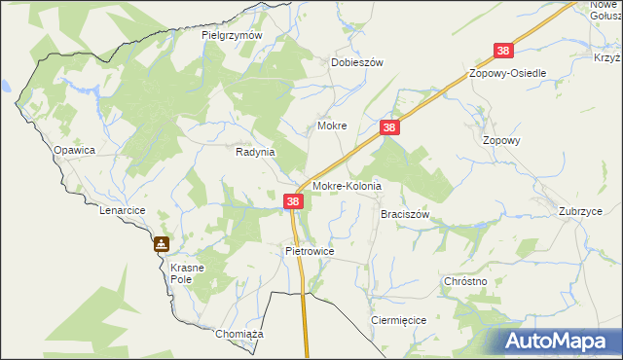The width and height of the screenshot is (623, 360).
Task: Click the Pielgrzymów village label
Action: pyautogui.click(x=233, y=35)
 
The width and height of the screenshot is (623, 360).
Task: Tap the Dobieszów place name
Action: pyautogui.click(x=357, y=61)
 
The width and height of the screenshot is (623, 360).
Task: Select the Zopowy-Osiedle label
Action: pyautogui.click(x=507, y=74)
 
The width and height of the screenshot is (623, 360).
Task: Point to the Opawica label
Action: pyautogui.click(x=74, y=150)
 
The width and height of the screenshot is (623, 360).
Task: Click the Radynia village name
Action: pyautogui.click(x=256, y=152)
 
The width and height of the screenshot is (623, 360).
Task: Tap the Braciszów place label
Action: pyautogui.click(x=405, y=213)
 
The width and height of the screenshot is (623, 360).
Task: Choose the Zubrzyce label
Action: pyautogui.click(x=580, y=211)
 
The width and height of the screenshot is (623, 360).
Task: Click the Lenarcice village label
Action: pyautogui.click(x=122, y=209)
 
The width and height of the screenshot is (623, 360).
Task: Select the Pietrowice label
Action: pyautogui.click(x=310, y=250)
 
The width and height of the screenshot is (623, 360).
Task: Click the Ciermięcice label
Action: pyautogui.click(x=398, y=319)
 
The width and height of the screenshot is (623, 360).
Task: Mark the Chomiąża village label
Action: pyautogui.click(x=239, y=334)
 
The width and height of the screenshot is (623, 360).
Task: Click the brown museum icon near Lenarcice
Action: pyautogui.click(x=162, y=244)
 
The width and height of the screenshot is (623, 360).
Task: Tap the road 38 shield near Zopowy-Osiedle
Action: pyautogui.click(x=503, y=51)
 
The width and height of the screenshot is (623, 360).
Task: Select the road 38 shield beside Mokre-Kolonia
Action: pyautogui.click(x=294, y=201)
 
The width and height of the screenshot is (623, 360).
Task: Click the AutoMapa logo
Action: pyautogui.click(x=561, y=341)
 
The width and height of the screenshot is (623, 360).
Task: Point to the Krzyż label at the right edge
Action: pyautogui.click(x=607, y=57)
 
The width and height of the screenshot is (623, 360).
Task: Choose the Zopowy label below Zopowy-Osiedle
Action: pyautogui.click(x=502, y=139)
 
